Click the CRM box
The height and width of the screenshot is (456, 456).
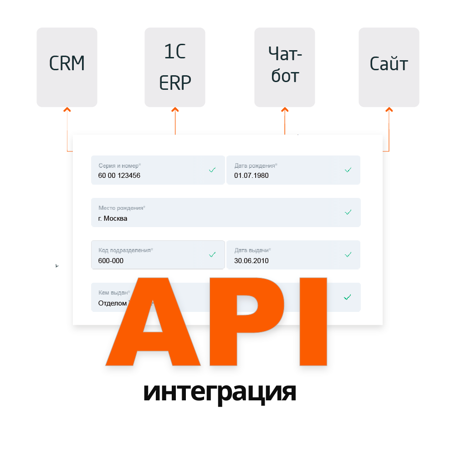coord(67,67)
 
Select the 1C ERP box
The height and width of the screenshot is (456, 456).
coord(175,67)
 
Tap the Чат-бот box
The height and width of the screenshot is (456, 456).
coord(285,67)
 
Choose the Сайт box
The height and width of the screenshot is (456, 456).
coord(389,67)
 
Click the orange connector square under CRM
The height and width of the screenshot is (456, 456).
coord(67,109)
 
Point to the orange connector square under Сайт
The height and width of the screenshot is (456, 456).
coord(389,109)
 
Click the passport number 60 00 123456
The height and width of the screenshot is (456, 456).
coord(119,175)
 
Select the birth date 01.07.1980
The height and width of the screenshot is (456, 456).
coord(251,175)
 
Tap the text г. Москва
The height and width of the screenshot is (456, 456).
coord(113,218)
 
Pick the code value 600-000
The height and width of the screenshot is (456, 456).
coord(111,261)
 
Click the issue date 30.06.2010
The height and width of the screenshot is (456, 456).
coord(251,261)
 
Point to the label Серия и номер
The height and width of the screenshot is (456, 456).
coord(120,166)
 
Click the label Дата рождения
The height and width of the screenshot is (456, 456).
coord(256,166)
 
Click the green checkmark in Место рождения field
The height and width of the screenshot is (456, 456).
coord(348,212)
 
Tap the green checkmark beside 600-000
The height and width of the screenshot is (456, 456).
coord(212,254)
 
